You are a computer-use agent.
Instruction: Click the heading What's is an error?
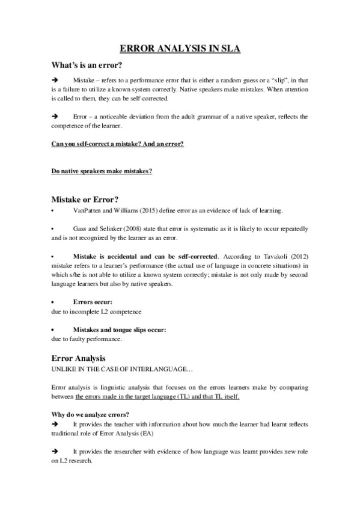point(88,66)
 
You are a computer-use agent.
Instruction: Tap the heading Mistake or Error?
point(84,199)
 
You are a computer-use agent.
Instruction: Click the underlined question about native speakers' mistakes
point(102,171)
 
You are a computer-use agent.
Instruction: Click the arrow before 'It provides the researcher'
point(55,451)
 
